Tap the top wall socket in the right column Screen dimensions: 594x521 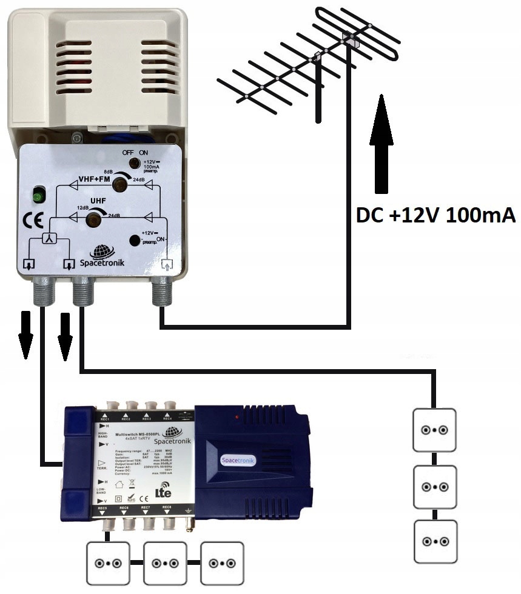click(x=434, y=430)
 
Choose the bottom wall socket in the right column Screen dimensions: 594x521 click(x=434, y=541)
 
